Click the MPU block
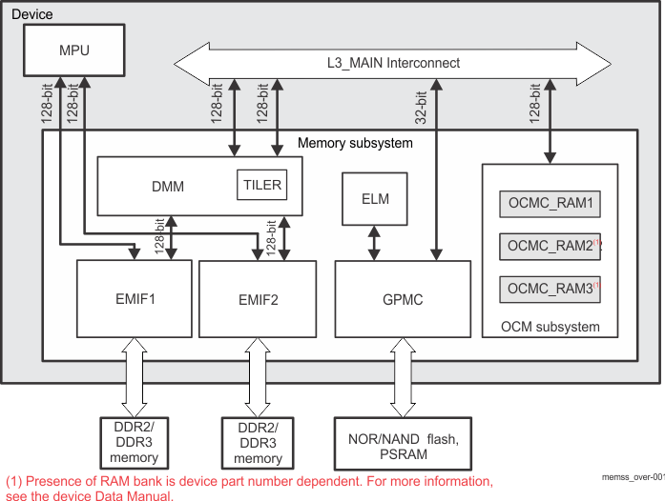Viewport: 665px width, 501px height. click(x=73, y=50)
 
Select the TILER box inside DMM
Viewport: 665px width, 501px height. click(x=260, y=185)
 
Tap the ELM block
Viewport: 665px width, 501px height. click(x=374, y=200)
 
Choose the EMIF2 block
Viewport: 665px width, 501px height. click(x=257, y=300)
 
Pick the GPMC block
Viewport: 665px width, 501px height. click(x=403, y=300)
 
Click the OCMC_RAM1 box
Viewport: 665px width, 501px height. click(x=550, y=205)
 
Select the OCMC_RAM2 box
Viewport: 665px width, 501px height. click(x=550, y=247)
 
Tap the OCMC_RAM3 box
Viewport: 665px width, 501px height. click(x=550, y=289)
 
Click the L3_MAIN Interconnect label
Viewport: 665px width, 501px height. click(x=392, y=63)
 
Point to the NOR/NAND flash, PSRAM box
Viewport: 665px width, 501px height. click(x=402, y=445)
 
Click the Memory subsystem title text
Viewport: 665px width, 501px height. click(x=355, y=143)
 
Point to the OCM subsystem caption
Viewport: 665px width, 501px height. click(x=551, y=327)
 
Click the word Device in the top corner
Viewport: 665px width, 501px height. click(x=31, y=14)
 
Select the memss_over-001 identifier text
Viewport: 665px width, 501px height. click(x=633, y=475)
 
